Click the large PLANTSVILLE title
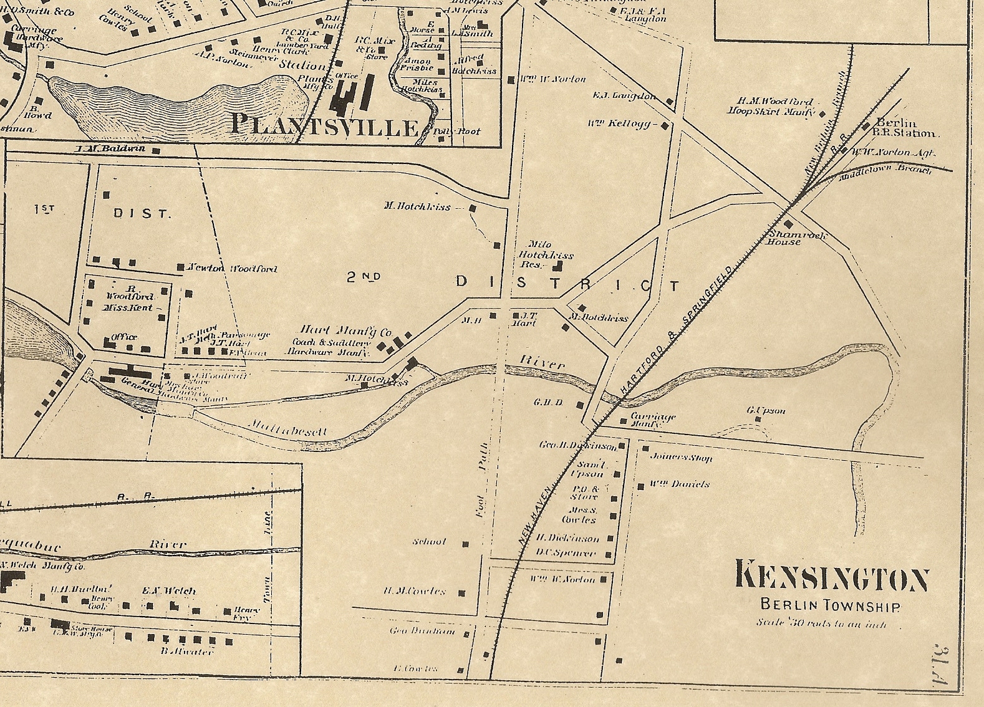[324, 125]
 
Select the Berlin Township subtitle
[829, 605]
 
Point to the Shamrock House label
[787, 238]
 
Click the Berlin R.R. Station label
[905, 128]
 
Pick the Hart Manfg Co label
[345, 331]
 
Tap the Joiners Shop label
[681, 458]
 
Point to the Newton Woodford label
[233, 269]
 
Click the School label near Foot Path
[429, 542]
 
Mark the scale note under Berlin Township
[821, 623]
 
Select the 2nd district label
[364, 277]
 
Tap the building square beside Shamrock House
[788, 224]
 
